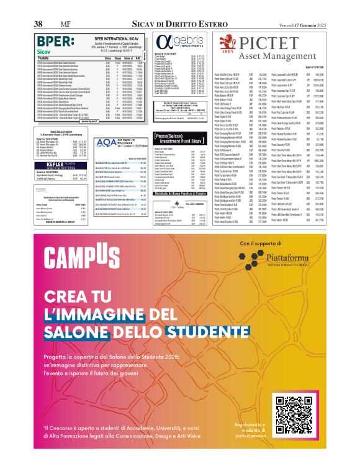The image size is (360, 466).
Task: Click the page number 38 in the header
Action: [38, 24]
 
